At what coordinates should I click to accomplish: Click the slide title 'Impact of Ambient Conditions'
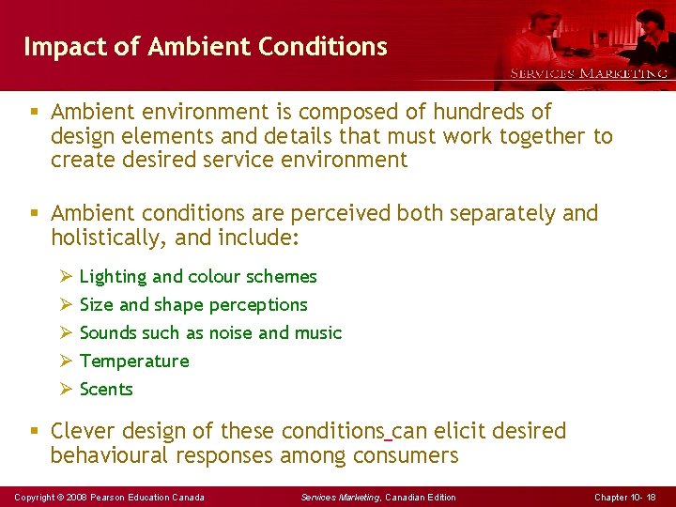205,47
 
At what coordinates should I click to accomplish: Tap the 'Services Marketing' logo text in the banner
589,73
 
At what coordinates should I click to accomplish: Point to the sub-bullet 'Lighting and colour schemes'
198,277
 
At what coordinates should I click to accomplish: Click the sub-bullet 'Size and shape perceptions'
193,305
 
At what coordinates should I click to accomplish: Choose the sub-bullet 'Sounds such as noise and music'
210,333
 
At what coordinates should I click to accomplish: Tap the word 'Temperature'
134,361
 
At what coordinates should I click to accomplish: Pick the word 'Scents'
106,390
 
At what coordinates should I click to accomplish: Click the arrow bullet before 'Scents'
66,389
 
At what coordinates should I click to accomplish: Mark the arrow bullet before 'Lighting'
66,276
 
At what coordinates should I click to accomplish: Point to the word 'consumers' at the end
406,456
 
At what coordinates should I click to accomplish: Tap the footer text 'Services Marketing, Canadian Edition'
378,497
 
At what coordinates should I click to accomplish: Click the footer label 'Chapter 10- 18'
625,497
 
